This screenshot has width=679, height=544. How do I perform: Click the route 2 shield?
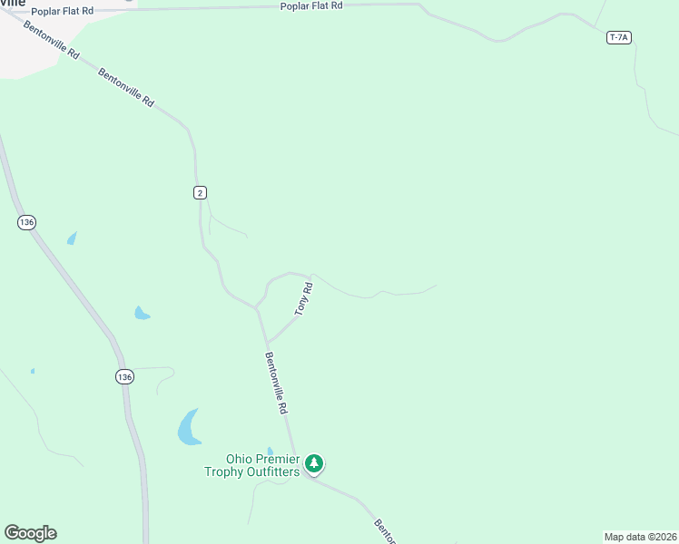pyautogui.click(x=200, y=192)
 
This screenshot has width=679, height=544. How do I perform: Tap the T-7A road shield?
pyautogui.click(x=618, y=37)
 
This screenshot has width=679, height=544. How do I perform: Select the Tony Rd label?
pyautogui.click(x=304, y=298)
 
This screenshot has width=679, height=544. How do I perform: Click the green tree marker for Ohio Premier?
pyautogui.click(x=314, y=464)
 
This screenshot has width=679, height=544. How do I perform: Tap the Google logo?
pyautogui.click(x=30, y=533)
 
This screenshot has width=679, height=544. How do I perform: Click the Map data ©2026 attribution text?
pyautogui.click(x=640, y=537)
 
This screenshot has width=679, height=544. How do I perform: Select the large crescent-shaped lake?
pyautogui.click(x=188, y=428)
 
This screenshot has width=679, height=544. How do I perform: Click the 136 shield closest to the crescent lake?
pyautogui.click(x=125, y=376)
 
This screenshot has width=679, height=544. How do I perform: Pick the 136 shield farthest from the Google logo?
pyautogui.click(x=26, y=222)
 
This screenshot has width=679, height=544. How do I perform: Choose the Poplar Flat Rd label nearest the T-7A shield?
pyautogui.click(x=311, y=5)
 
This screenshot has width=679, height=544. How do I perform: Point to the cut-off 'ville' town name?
pyautogui.click(x=13, y=3)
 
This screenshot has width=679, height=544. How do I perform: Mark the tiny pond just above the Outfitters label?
pyautogui.click(x=270, y=451)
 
